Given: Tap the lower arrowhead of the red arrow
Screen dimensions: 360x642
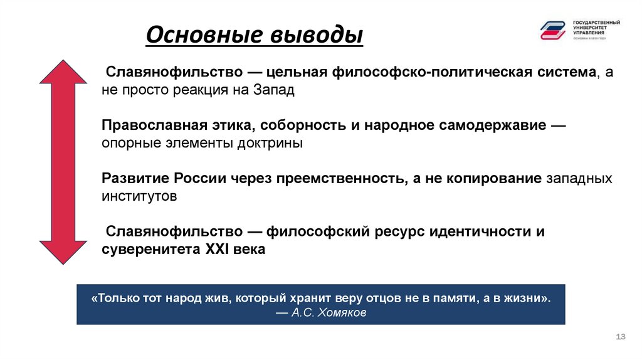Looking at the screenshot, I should tap(63, 251).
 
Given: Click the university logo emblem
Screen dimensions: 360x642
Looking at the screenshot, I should tap(552, 29).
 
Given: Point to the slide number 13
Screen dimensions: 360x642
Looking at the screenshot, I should tap(621, 337).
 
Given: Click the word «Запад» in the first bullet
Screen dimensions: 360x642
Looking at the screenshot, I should tap(274, 90).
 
